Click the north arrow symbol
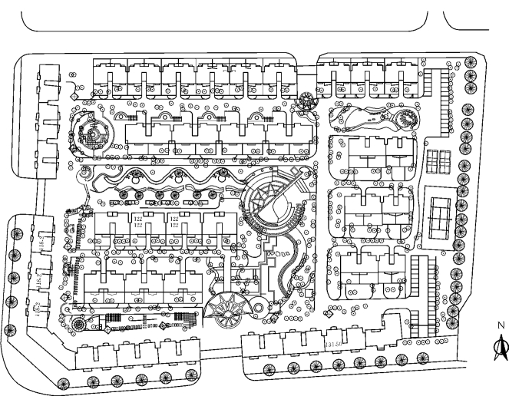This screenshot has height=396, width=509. pos(501,348)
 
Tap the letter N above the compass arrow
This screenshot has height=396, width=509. pos(501,325)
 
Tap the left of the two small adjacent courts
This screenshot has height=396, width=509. pos(433,161)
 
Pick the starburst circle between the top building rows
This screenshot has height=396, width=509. pos(308,100)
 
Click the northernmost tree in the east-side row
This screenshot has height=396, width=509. pos(471,63)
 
